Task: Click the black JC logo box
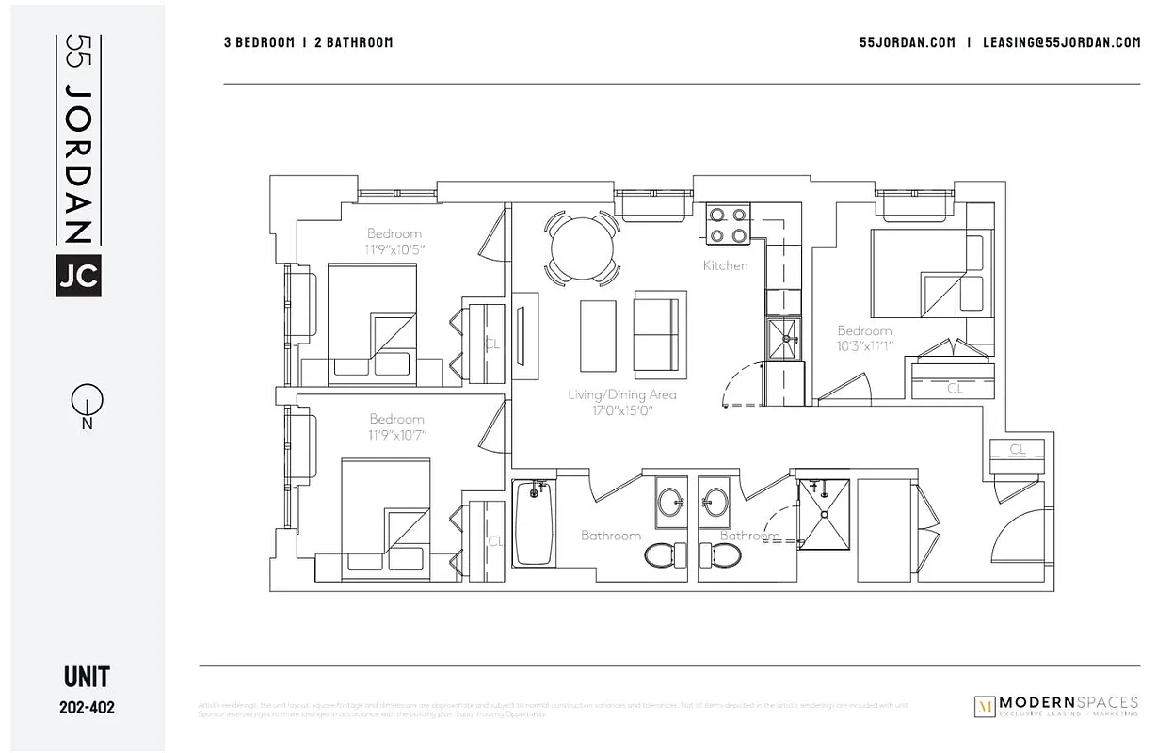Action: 78,275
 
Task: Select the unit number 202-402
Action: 87,707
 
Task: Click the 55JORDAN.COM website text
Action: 907,42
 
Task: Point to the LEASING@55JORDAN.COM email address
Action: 1061,42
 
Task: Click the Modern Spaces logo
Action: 1055,706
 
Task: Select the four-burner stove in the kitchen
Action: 729,224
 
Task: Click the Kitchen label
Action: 725,265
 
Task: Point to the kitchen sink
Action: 784,338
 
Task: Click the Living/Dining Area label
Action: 621,394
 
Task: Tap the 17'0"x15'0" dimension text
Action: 621,410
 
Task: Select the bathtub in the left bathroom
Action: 533,522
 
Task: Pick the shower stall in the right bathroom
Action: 824,514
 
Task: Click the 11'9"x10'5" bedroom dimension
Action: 395,249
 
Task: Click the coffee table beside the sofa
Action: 598,336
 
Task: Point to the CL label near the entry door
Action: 1017,449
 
